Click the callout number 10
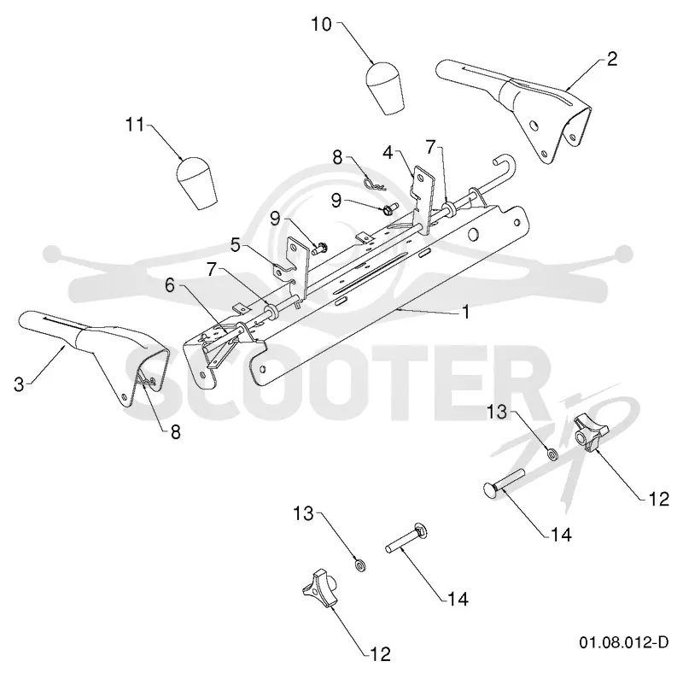322,25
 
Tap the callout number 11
135,125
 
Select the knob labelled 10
384,89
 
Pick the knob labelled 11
196,183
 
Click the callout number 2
612,59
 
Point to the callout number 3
19,384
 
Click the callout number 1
466,312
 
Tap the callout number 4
388,153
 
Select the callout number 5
236,245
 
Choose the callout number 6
170,285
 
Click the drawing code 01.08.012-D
623,642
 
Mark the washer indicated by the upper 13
552,455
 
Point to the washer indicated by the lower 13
360,566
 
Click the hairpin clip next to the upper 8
373,184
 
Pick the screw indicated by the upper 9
388,208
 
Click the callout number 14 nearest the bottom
458,600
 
